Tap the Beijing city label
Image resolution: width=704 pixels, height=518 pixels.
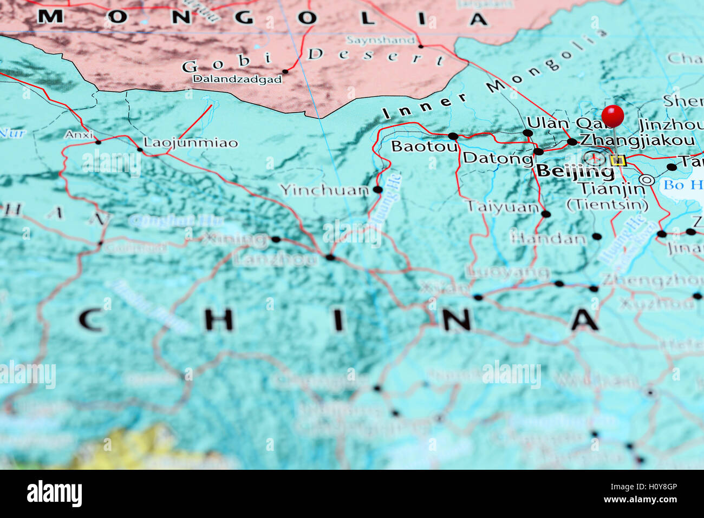click(x=576, y=172)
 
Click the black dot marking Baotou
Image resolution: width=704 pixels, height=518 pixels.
click(x=453, y=136)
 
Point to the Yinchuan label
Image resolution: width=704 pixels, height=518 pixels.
click(x=324, y=190)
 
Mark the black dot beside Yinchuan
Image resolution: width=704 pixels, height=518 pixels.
click(x=377, y=189)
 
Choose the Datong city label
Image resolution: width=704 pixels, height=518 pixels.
click(x=498, y=158)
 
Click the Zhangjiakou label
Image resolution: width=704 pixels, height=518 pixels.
click(x=637, y=140)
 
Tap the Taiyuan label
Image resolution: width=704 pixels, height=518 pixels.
click(x=503, y=207)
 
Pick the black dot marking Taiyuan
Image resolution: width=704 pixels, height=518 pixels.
click(x=546, y=214)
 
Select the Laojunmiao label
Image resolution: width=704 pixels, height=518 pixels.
click(x=190, y=143)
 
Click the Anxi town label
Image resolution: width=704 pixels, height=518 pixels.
click(x=79, y=134)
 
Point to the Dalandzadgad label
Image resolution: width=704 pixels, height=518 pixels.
click(x=237, y=79)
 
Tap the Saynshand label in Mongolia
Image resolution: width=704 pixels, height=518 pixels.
click(x=381, y=40)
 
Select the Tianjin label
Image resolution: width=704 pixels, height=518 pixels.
click(x=611, y=189)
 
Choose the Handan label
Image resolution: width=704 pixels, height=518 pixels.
click(x=549, y=238)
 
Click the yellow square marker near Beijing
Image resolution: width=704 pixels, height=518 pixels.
click(x=617, y=160)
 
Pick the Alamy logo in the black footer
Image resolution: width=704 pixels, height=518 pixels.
click(x=54, y=494)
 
